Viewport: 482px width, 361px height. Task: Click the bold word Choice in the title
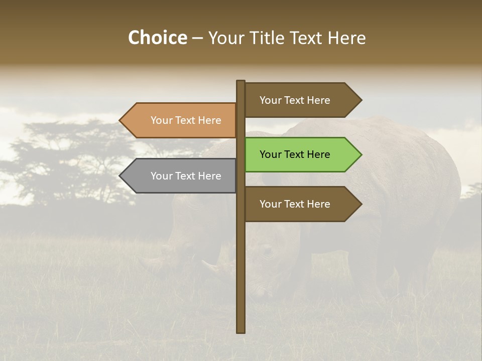coord(157,38)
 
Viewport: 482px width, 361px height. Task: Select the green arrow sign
coord(301,154)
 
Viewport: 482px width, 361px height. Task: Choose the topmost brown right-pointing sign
coord(301,100)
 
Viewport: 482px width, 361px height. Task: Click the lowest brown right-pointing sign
coord(301,204)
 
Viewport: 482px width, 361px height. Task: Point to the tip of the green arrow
coord(360,154)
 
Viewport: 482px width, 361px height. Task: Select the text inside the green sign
coord(295,154)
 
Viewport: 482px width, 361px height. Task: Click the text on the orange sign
coord(186,120)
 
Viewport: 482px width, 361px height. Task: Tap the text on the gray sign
coord(186,176)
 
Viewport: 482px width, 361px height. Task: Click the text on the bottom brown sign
coord(295,204)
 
